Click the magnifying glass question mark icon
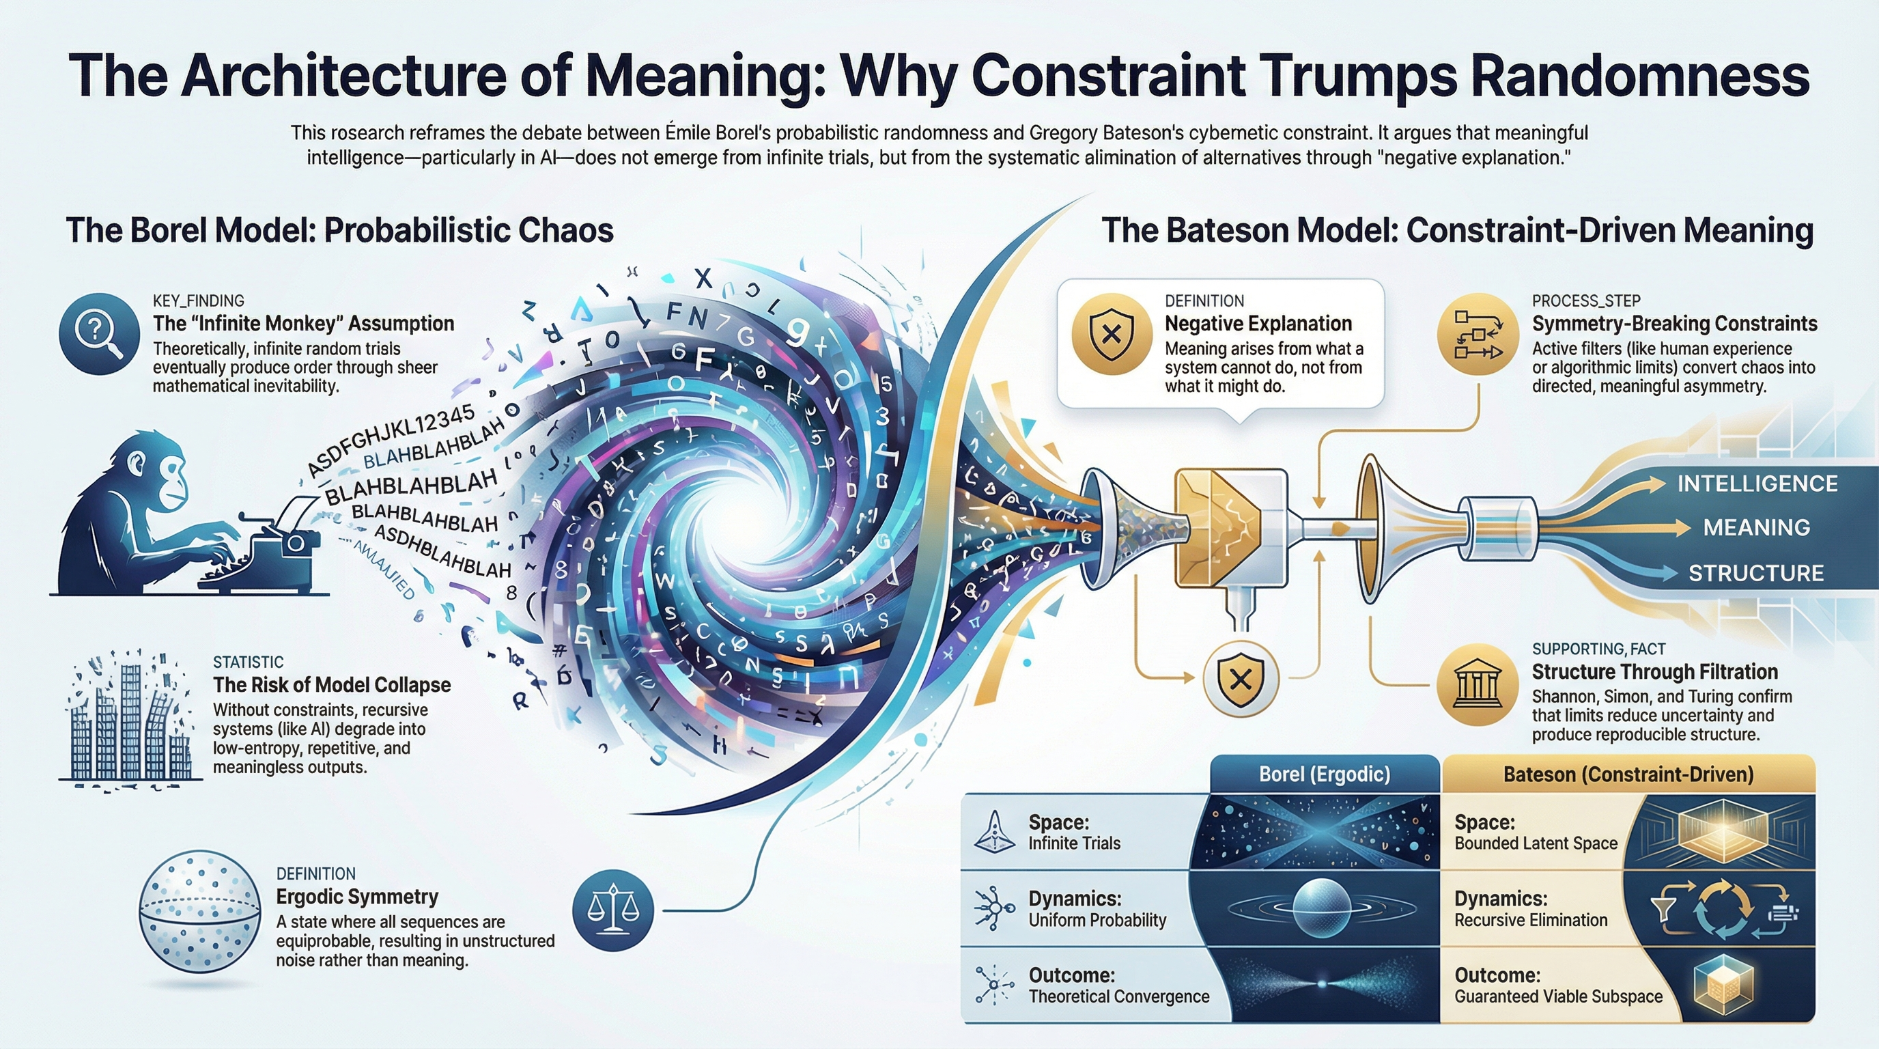(x=99, y=334)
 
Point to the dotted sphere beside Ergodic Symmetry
(x=199, y=912)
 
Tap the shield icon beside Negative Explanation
(x=1110, y=334)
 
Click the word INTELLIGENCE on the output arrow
(x=1757, y=484)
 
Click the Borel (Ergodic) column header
(x=1324, y=774)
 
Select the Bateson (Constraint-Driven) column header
(x=1628, y=774)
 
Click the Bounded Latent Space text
(x=1536, y=843)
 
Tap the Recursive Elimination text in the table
(x=1530, y=920)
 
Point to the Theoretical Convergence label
(x=1118, y=996)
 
